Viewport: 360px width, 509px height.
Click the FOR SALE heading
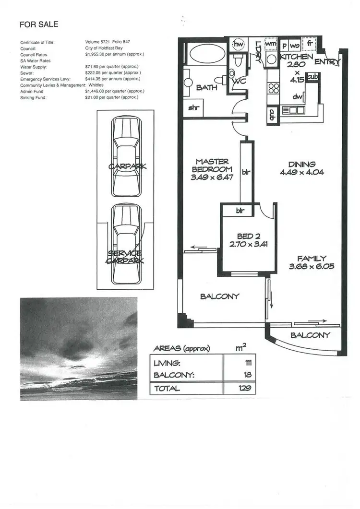pyautogui.click(x=39, y=24)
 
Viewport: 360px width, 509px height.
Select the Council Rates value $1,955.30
pyautogui.click(x=114, y=54)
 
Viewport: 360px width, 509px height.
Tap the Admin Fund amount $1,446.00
pyautogui.click(x=111, y=91)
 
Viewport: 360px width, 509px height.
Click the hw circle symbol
pyautogui.click(x=238, y=44)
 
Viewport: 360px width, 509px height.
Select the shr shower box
pyautogui.click(x=194, y=108)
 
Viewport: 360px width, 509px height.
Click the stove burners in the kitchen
pyautogui.click(x=274, y=88)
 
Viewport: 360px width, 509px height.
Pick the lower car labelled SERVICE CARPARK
pyautogui.click(x=127, y=245)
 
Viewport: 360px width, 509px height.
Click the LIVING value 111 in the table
pyautogui.click(x=249, y=363)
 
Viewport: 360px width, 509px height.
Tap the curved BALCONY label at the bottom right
pyautogui.click(x=311, y=335)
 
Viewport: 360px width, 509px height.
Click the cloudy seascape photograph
pyautogui.click(x=79, y=348)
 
